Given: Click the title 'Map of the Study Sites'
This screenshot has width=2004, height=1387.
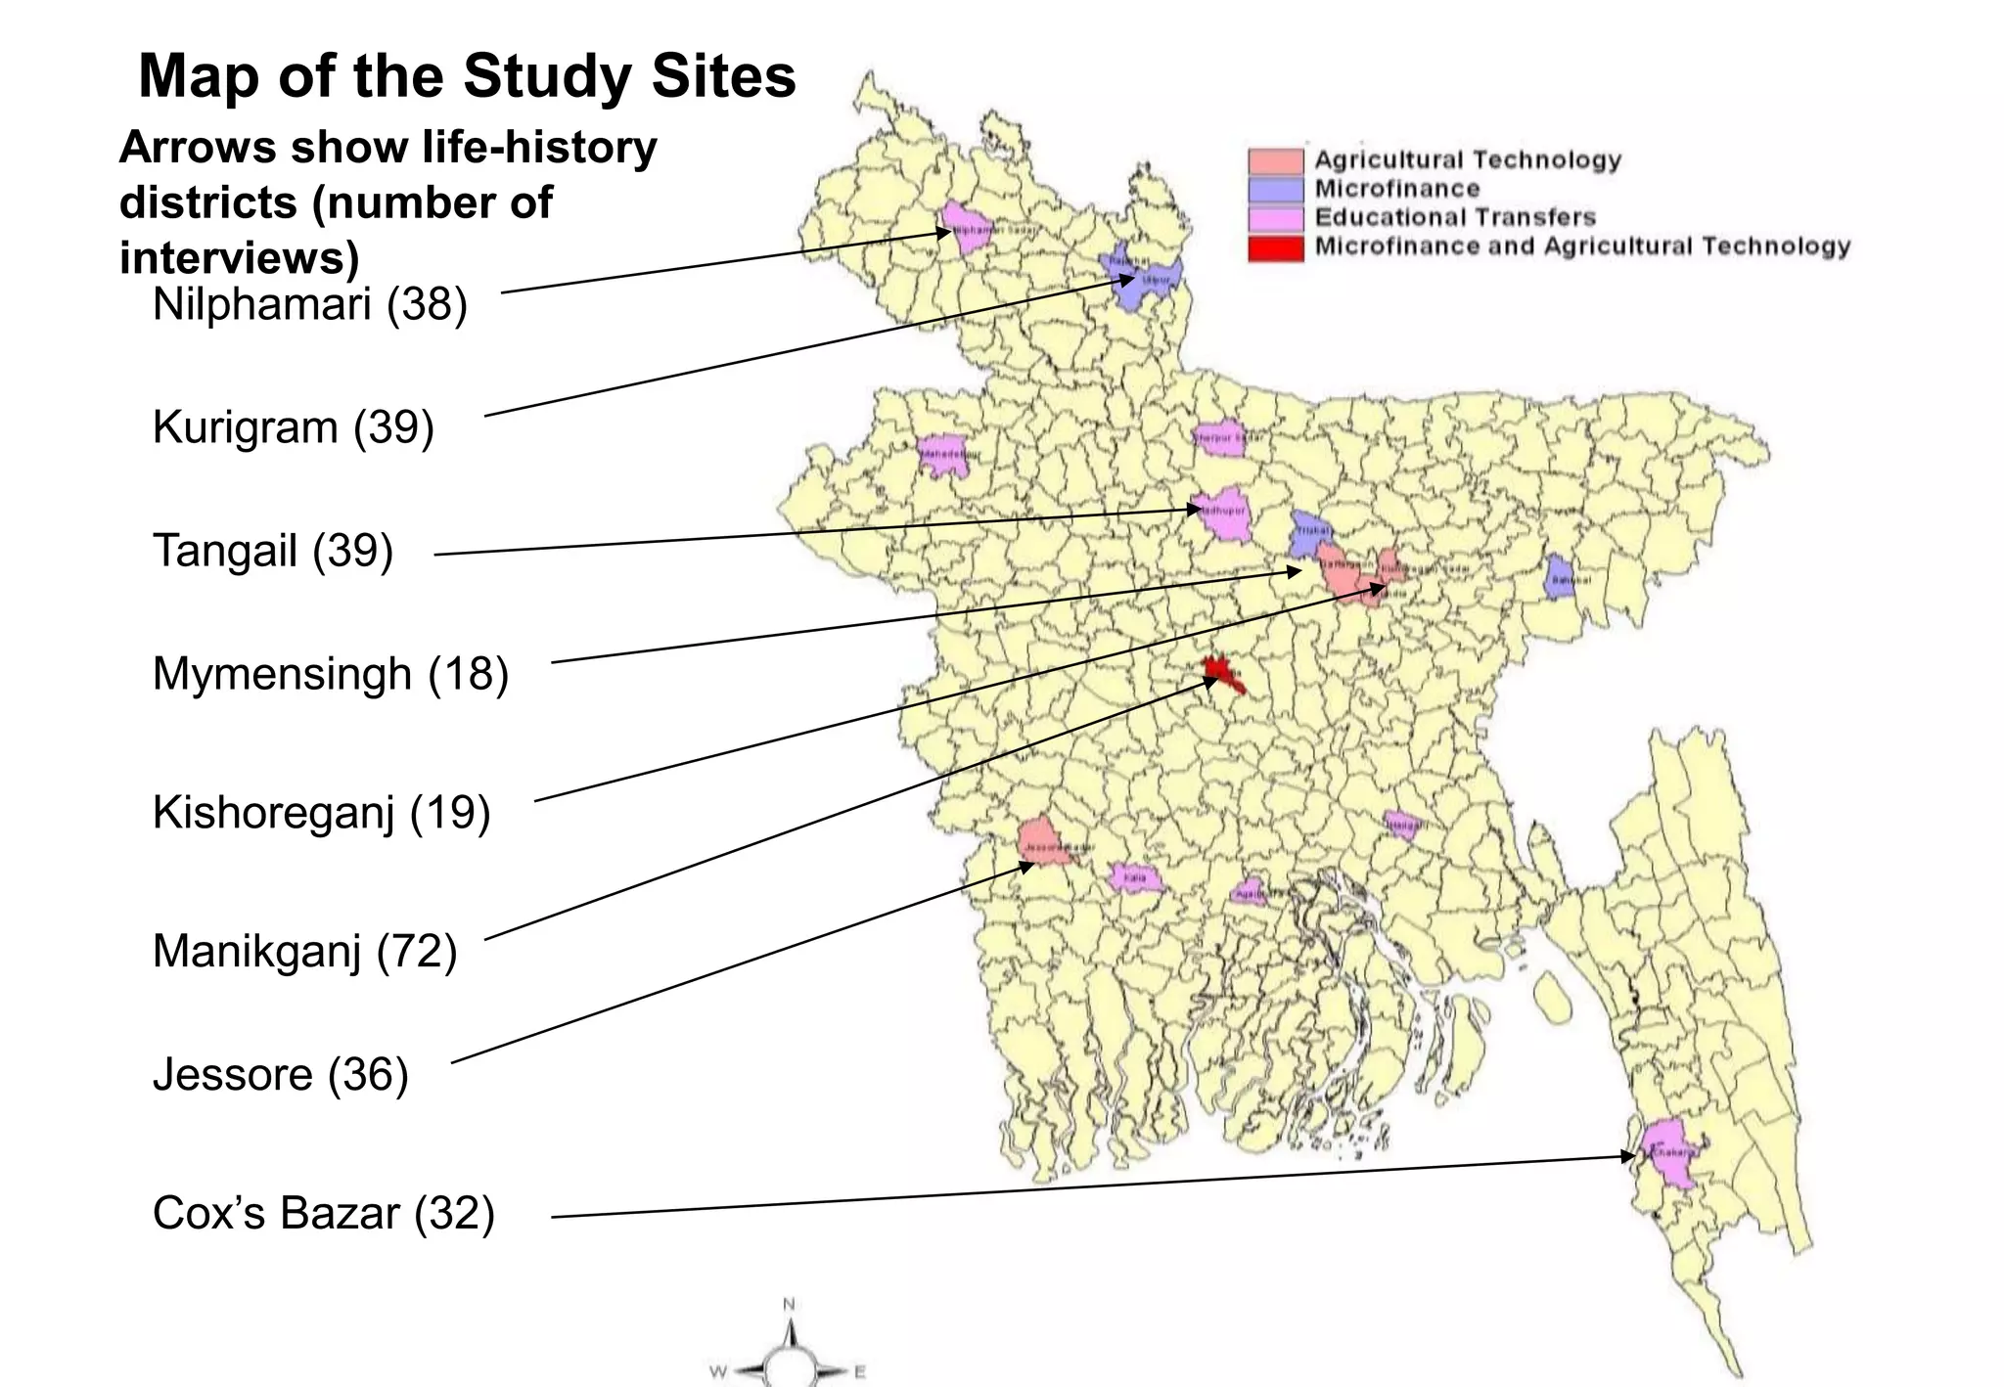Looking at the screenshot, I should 467,76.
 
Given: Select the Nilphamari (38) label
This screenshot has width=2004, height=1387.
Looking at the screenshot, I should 309,304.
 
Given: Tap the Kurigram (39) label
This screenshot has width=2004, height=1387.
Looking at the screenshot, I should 293,427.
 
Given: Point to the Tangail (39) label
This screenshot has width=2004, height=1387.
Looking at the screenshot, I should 272,551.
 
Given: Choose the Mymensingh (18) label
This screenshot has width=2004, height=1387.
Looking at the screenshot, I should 330,674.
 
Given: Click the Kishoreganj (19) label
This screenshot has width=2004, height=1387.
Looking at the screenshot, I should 321,813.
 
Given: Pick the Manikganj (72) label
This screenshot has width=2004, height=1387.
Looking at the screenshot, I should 304,951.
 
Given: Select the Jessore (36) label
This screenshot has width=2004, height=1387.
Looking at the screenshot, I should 280,1074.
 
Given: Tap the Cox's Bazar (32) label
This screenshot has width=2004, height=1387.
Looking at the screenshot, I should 323,1213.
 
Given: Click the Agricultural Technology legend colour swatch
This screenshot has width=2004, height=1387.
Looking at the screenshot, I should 1275,160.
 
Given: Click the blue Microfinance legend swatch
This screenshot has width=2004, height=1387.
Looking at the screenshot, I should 1275,189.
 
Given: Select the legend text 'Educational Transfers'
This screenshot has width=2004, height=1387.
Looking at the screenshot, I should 1454,217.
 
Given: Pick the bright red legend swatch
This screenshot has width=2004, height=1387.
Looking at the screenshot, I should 1275,247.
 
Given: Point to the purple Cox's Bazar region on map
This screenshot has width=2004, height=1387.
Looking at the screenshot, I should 1671,1154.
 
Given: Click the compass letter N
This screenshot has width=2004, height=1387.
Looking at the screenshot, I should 789,1304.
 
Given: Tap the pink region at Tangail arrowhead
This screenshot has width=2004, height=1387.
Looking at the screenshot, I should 1225,515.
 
